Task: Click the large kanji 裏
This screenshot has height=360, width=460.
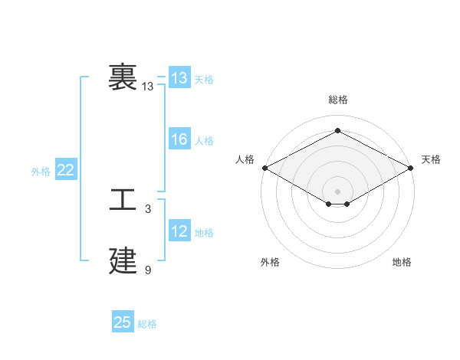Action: [x=123, y=77]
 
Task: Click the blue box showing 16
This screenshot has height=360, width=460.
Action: [x=179, y=139]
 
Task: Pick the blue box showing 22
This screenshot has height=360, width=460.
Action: [x=66, y=170]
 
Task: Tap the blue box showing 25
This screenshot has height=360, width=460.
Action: [x=123, y=322]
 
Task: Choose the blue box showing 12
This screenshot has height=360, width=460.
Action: [x=179, y=231]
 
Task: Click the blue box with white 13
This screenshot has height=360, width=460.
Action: [x=179, y=78]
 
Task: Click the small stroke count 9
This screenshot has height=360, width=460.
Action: [x=148, y=270]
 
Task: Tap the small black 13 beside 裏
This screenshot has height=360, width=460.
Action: [x=148, y=87]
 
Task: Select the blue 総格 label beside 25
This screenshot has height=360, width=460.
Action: [x=147, y=324]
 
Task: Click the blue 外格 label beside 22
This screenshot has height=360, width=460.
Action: [x=41, y=172]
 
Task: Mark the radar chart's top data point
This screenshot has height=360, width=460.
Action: [x=337, y=131]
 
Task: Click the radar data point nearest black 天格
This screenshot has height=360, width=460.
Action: [x=412, y=168]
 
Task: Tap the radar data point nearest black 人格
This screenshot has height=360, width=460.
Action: [x=264, y=168]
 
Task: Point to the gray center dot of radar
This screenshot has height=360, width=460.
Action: [x=337, y=190]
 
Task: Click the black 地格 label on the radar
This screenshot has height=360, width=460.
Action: [x=402, y=262]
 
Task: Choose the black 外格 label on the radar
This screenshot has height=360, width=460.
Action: [x=270, y=262]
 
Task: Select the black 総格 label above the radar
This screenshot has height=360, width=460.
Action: [x=337, y=100]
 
